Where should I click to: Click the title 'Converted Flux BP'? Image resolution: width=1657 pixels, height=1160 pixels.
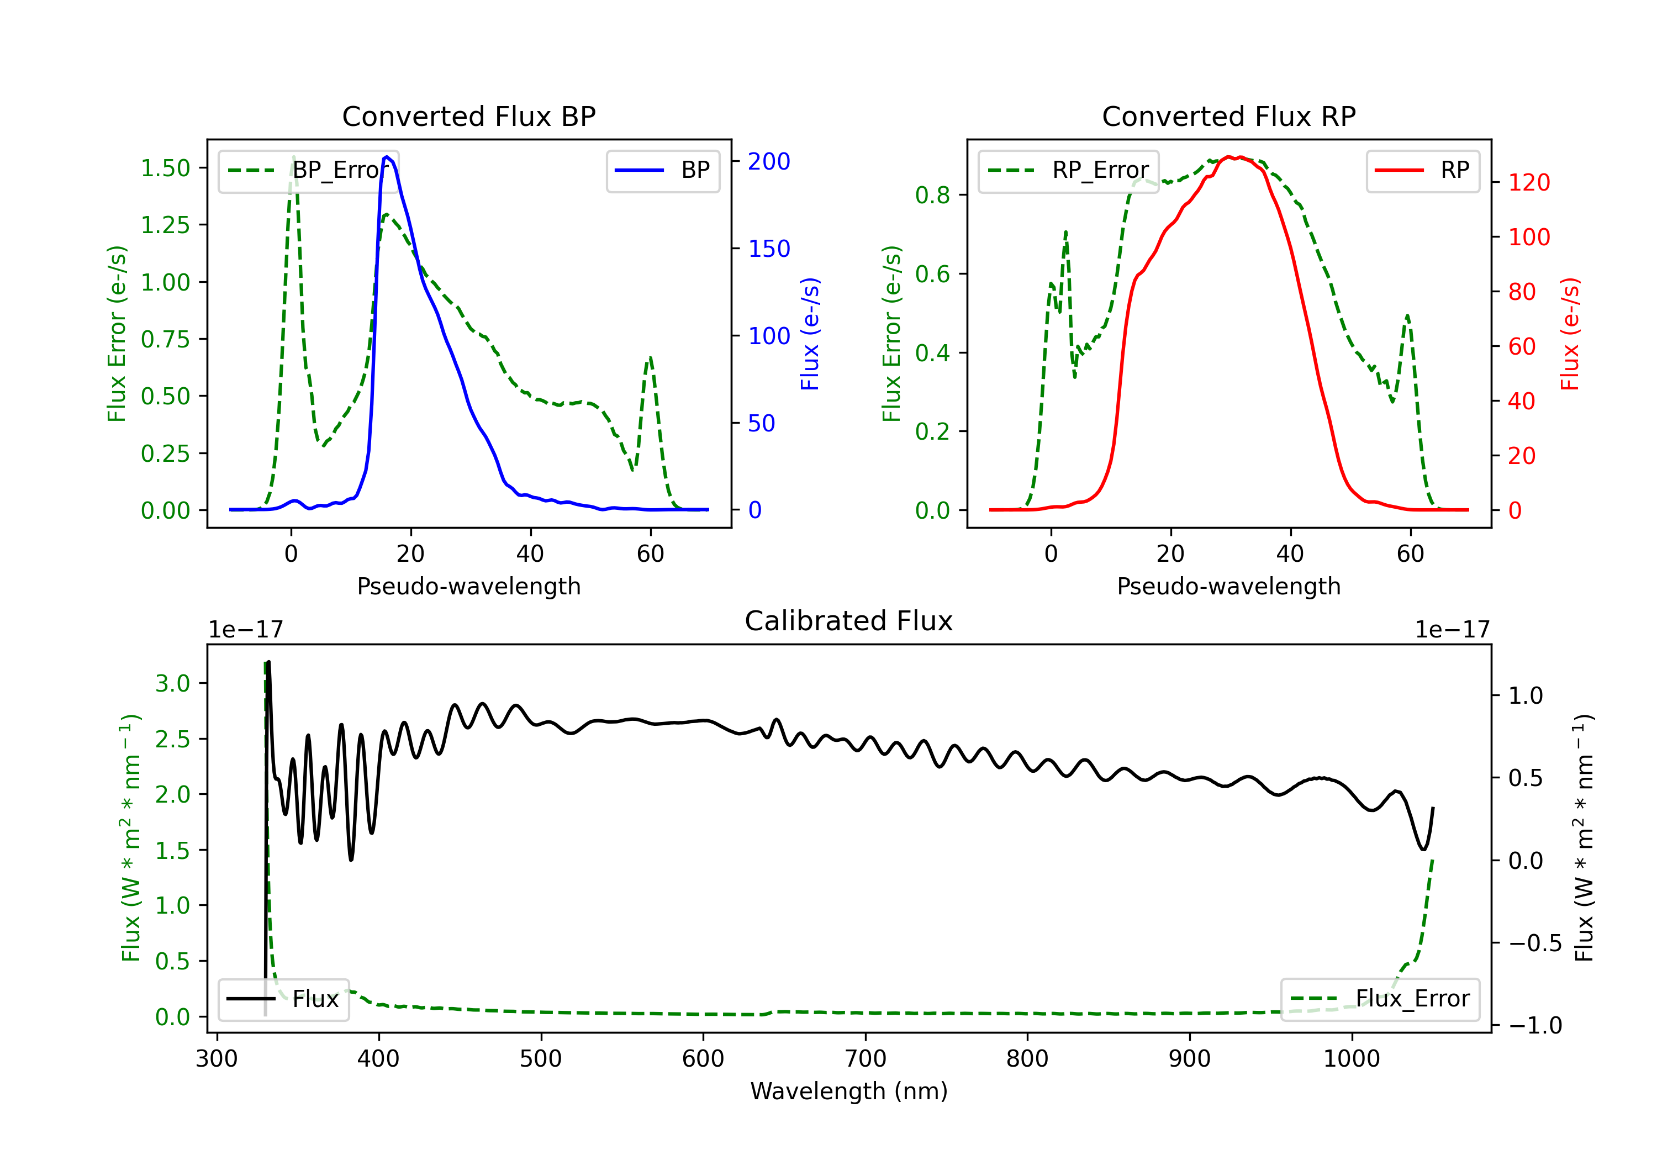pyautogui.click(x=468, y=116)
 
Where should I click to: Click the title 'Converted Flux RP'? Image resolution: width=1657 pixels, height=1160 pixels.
pyautogui.click(x=1228, y=116)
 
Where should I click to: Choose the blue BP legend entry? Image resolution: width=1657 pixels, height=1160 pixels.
pyautogui.click(x=662, y=170)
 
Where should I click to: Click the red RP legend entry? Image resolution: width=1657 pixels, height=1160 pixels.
pyautogui.click(x=1422, y=170)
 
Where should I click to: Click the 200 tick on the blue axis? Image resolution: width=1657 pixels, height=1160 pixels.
pyautogui.click(x=769, y=161)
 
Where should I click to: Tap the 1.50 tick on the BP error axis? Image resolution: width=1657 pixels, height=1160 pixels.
pyautogui.click(x=165, y=168)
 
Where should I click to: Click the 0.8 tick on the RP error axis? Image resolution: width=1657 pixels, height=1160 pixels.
pyautogui.click(x=932, y=195)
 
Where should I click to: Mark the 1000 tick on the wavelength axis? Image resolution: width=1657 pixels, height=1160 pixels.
pyautogui.click(x=1351, y=1059)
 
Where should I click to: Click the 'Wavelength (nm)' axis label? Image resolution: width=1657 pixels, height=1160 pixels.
pyautogui.click(x=849, y=1092)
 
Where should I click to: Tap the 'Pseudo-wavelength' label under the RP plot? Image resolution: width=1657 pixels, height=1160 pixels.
pyautogui.click(x=1228, y=586)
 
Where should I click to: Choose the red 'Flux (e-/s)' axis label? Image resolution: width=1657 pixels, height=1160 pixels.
pyautogui.click(x=1570, y=334)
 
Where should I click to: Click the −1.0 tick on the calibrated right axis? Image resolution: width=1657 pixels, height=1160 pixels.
pyautogui.click(x=1534, y=1025)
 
